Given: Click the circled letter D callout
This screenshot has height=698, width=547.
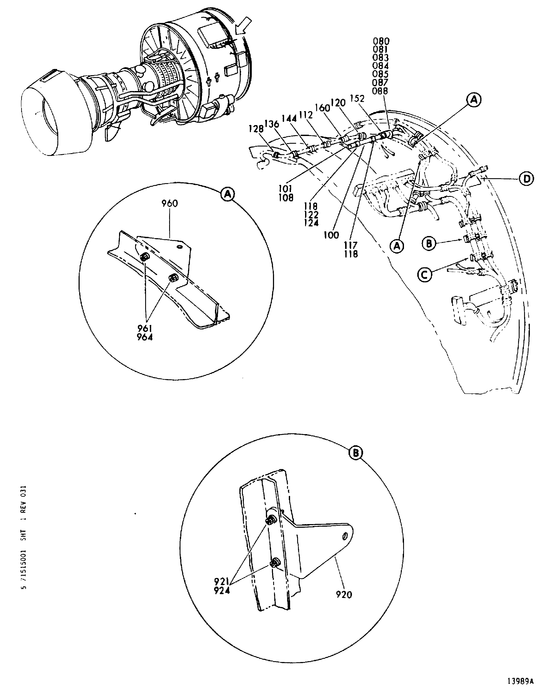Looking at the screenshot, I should [526, 179].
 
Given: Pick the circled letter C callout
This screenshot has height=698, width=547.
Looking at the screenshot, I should [425, 275].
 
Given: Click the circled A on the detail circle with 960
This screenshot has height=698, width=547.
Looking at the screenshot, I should [228, 194].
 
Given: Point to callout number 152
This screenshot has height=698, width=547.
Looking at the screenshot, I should [357, 99].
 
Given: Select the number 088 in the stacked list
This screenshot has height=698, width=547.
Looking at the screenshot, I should [380, 91].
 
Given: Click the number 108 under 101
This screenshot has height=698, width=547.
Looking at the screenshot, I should [286, 198].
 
